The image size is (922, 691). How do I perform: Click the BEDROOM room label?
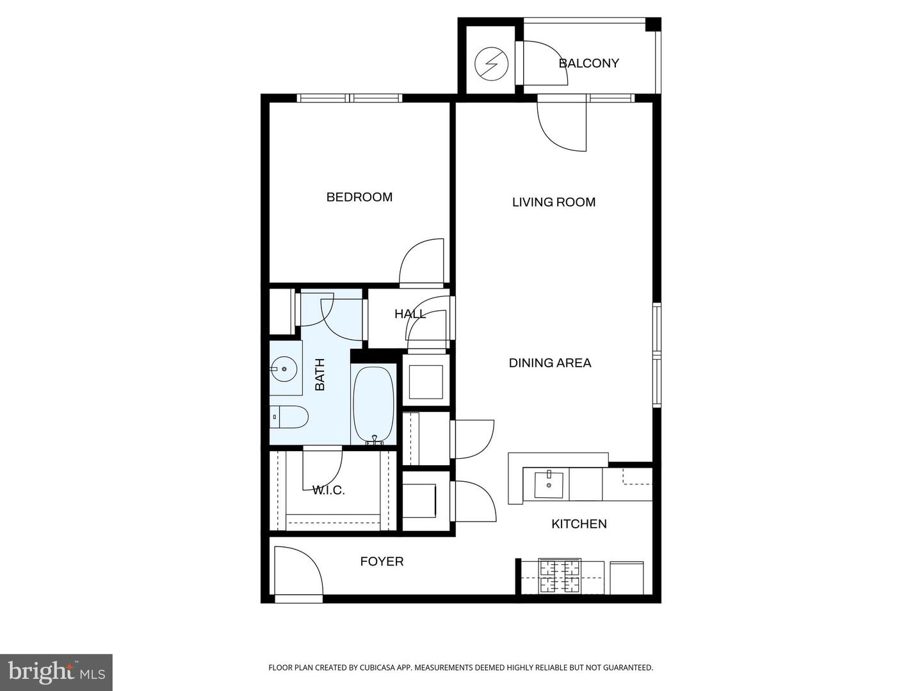tap(359, 197)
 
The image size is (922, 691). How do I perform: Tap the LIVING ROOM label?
tap(553, 202)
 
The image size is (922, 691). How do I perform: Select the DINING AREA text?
tap(549, 363)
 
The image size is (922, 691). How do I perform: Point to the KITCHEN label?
tap(579, 524)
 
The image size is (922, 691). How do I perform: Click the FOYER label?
tap(382, 562)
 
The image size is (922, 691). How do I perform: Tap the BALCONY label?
tap(588, 63)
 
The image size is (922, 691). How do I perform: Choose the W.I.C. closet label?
tap(328, 491)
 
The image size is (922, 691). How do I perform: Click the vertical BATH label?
tap(320, 374)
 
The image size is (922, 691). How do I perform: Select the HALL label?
tap(410, 314)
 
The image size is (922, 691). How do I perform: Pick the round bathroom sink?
tap(283, 369)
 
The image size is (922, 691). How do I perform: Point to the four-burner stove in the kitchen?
tap(560, 576)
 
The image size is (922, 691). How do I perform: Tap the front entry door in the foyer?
tap(298, 573)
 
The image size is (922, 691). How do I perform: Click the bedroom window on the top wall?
tap(350, 98)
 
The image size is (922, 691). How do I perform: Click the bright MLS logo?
tap(56, 672)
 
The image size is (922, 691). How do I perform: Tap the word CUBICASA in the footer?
tap(366, 668)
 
